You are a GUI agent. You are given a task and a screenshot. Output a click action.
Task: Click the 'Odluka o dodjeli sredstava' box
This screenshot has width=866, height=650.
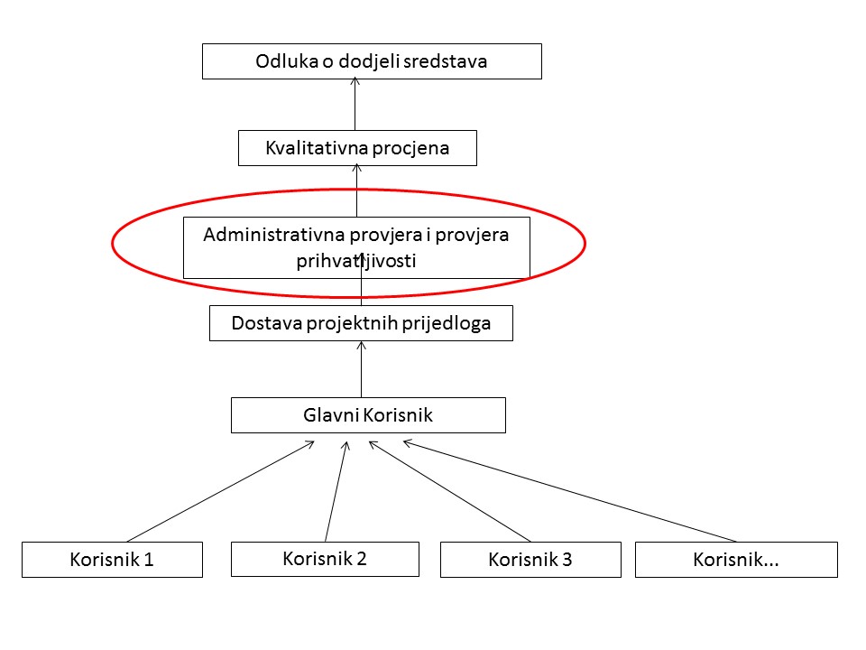click(x=372, y=61)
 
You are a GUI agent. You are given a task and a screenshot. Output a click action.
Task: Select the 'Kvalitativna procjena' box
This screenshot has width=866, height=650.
click(x=357, y=148)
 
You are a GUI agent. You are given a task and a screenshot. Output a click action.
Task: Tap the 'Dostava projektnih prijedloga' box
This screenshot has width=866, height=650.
click(x=361, y=323)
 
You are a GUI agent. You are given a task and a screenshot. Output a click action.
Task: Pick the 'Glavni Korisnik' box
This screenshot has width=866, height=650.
click(x=368, y=415)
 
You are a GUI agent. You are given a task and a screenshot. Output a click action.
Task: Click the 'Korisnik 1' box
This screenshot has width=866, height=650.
click(x=112, y=560)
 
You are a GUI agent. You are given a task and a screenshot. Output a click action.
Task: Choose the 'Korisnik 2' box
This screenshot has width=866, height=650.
click(x=325, y=559)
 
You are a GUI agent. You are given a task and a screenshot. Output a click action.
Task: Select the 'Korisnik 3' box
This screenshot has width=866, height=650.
click(x=530, y=560)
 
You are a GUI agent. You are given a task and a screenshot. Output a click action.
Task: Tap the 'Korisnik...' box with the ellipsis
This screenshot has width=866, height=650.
click(x=736, y=560)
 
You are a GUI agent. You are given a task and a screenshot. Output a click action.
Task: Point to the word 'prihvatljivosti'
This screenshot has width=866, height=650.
click(x=356, y=260)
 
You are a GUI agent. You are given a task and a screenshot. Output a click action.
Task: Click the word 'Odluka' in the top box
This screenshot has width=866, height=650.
click(x=287, y=60)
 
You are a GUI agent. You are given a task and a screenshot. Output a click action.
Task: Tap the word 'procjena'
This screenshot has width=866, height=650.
click(x=410, y=148)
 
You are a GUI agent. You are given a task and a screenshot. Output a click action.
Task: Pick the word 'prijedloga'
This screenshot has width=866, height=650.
click(x=447, y=323)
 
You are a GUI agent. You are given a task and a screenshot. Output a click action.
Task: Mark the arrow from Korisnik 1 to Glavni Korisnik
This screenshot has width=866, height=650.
click(x=220, y=491)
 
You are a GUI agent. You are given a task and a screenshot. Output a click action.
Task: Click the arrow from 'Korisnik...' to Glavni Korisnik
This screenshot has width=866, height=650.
click(x=570, y=491)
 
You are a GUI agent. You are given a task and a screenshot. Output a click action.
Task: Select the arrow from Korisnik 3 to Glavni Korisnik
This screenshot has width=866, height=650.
click(x=449, y=491)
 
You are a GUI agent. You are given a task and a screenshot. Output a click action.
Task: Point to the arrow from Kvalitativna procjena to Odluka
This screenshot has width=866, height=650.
click(x=355, y=104)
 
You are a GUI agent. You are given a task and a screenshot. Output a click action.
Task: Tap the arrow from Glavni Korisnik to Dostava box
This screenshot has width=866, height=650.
click(x=361, y=369)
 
